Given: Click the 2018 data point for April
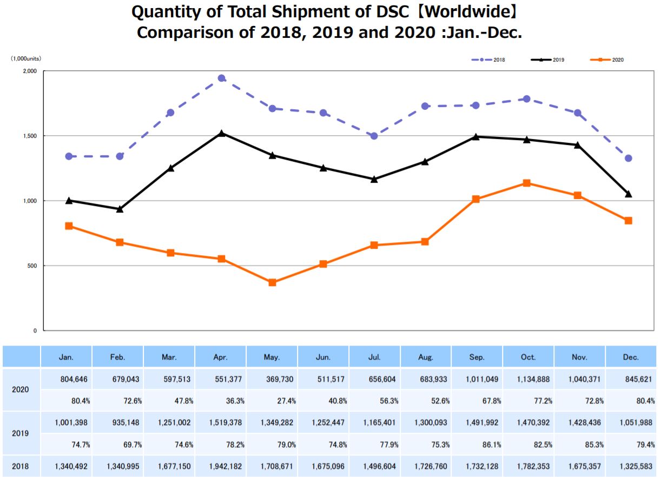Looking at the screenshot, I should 221,78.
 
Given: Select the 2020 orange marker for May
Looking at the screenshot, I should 272,282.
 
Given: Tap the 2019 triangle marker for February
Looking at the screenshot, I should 120,209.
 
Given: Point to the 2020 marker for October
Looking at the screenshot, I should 526,183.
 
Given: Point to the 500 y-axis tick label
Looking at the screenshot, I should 31,266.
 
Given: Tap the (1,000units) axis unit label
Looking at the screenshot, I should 26,58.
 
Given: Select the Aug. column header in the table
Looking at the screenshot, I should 426,357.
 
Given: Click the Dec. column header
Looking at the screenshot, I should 630,357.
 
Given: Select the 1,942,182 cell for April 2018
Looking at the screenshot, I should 221,466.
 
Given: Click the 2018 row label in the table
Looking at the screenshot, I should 21,466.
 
